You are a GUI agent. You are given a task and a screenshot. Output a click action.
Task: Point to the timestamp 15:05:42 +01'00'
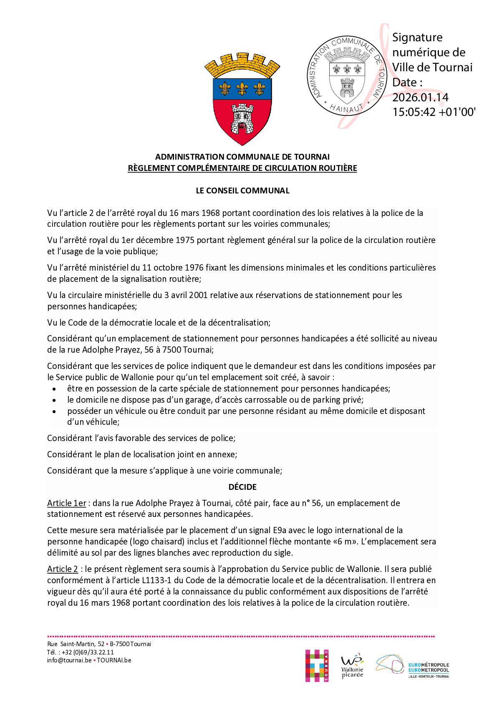pos(434,112)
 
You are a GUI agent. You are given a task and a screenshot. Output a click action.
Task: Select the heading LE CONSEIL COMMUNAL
pos(242,191)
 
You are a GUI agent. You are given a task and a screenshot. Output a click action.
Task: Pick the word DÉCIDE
pos(242,487)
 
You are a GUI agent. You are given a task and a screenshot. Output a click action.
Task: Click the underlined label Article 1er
pos(66,503)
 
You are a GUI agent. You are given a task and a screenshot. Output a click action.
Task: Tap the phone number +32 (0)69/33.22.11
pos(86,652)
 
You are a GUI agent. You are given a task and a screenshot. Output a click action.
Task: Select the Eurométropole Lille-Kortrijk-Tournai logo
pos(413,666)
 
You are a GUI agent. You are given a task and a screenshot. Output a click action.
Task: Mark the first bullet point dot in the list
pos(54,389)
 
